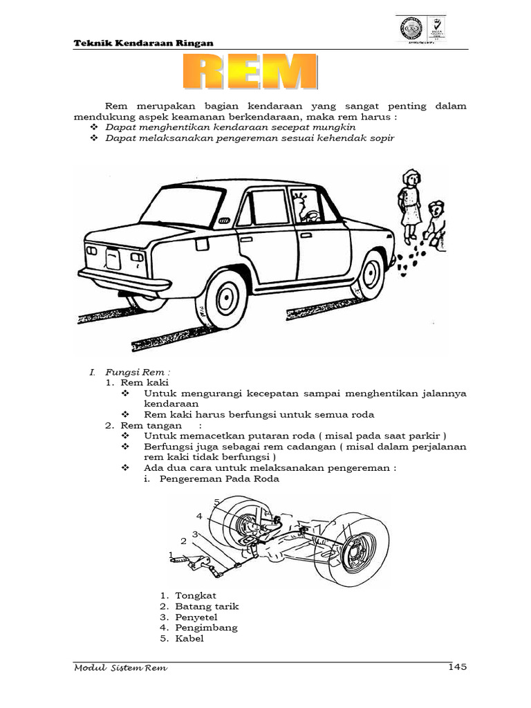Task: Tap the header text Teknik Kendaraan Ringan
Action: tap(143, 44)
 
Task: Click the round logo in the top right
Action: tap(411, 28)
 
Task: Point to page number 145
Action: tap(458, 667)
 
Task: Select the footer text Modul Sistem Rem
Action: tap(120, 669)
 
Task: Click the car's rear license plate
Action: tap(113, 259)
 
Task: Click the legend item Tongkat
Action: tap(196, 595)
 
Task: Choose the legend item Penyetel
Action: tap(198, 617)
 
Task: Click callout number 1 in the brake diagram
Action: tap(171, 555)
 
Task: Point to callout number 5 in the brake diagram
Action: tap(216, 501)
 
